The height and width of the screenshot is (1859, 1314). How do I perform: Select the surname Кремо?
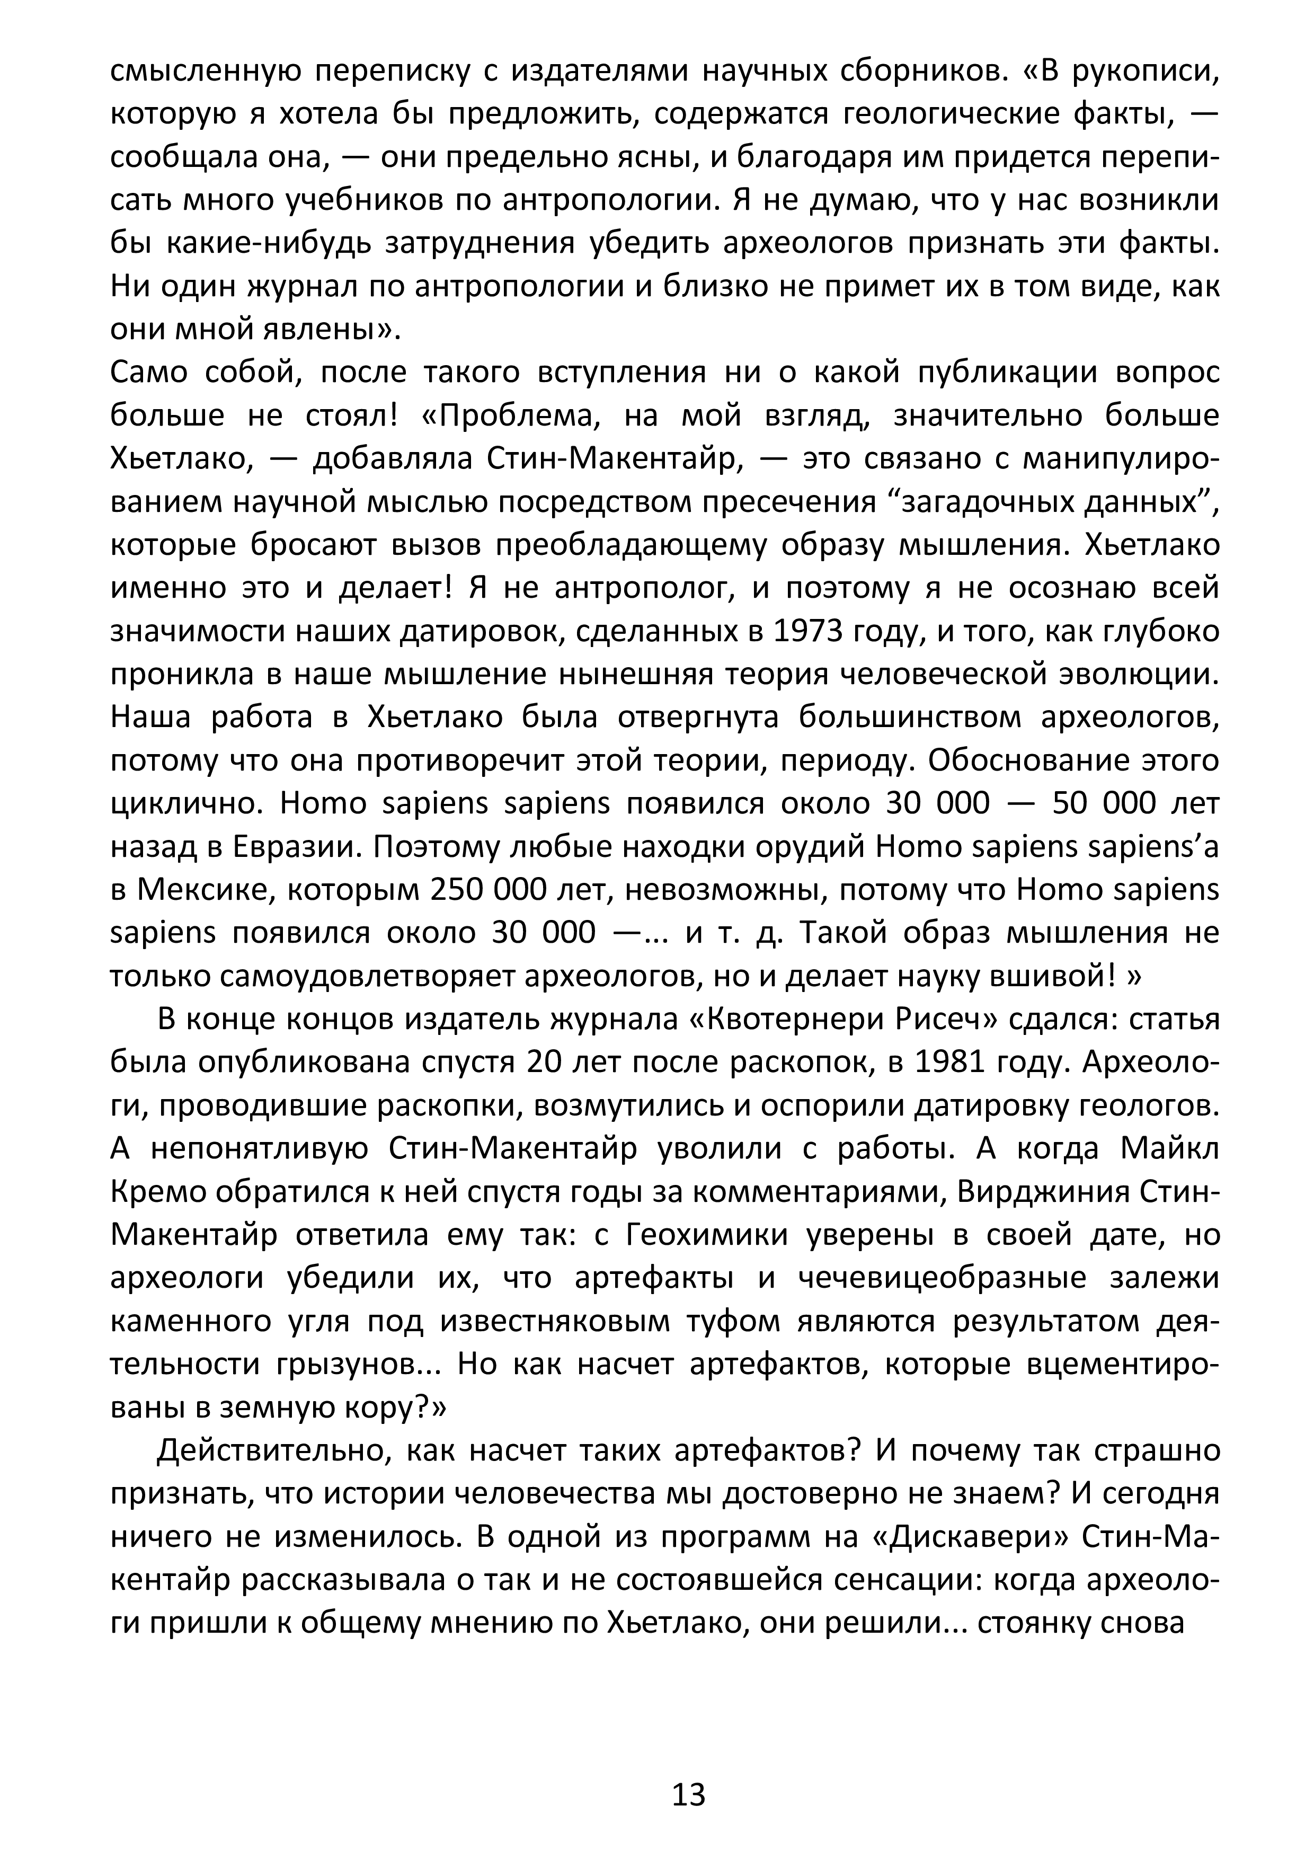(x=161, y=1192)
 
